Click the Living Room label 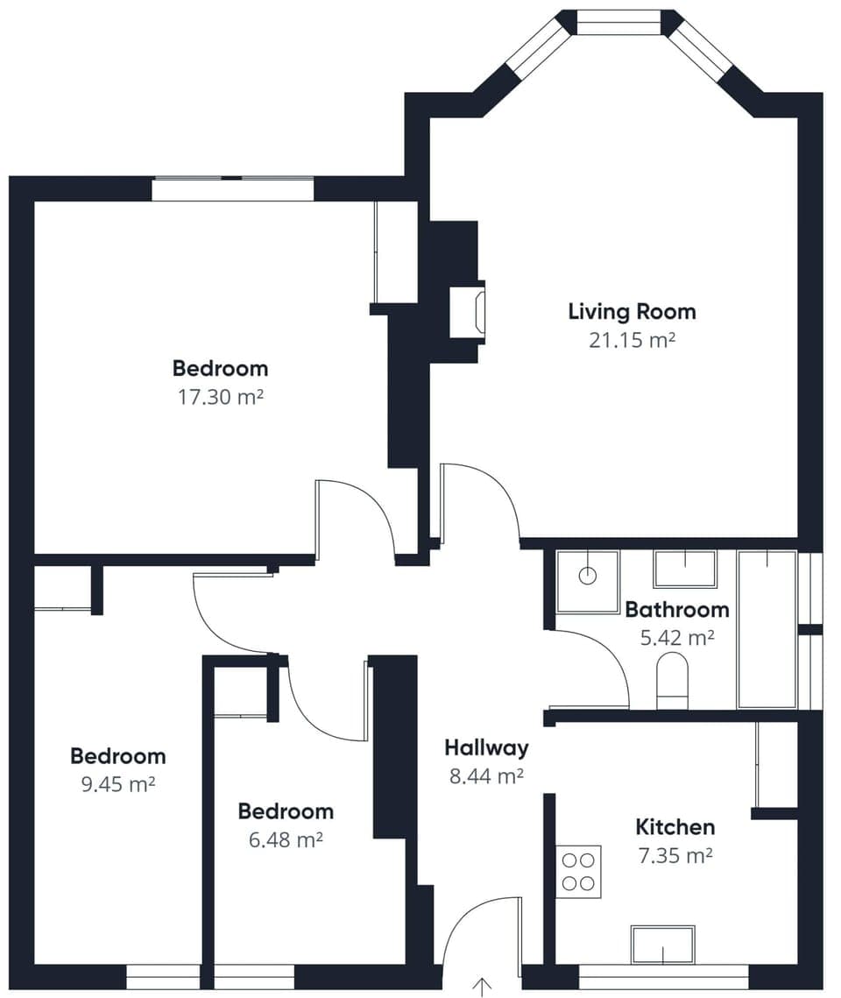pos(632,311)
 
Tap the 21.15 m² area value pos(632,340)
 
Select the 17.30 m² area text pos(220,397)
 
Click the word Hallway pos(486,747)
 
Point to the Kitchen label pos(675,826)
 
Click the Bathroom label pos(677,609)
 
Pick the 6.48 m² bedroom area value pos(286,840)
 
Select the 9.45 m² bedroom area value pos(117,784)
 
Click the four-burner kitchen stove pos(578,871)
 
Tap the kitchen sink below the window pos(662,945)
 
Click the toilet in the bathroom pos(672,680)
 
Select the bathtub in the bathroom pos(767,628)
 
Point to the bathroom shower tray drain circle pos(588,576)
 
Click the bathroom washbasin pos(684,569)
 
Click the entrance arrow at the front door pos(481,986)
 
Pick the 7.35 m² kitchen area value pos(675,855)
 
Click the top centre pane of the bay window pos(618,23)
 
